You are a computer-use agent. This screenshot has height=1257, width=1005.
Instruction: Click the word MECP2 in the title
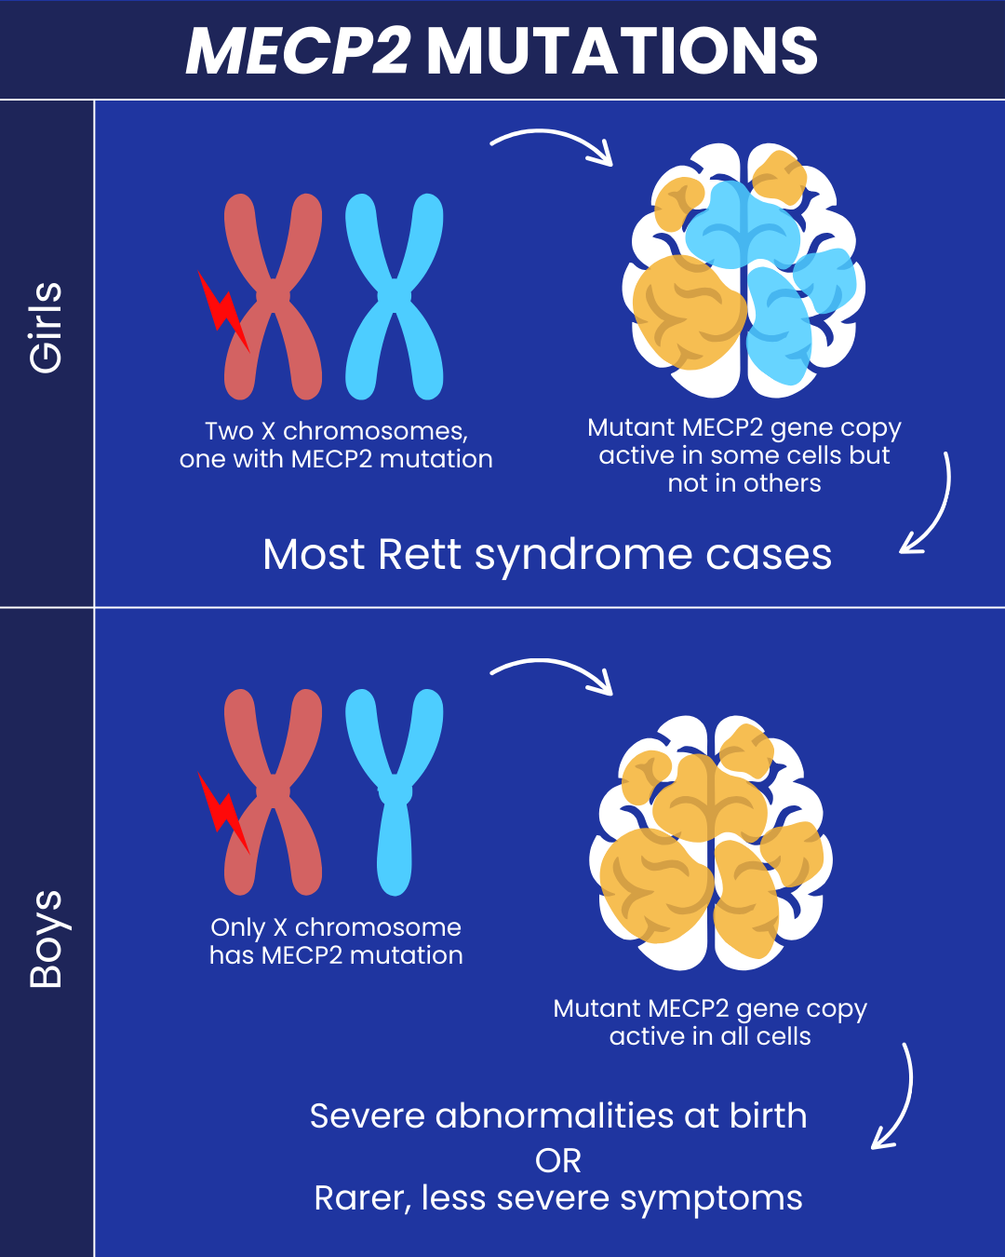[x=298, y=51]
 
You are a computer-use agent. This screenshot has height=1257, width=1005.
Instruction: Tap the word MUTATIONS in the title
[x=622, y=51]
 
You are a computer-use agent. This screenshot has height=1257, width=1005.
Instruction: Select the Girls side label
[x=47, y=328]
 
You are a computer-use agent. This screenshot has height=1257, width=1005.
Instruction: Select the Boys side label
[x=47, y=939]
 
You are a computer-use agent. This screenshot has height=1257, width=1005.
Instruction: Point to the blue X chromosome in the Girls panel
[x=395, y=297]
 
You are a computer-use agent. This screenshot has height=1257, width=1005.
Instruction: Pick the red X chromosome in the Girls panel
[x=274, y=297]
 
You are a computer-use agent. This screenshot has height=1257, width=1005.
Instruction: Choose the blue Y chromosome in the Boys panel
[x=395, y=791]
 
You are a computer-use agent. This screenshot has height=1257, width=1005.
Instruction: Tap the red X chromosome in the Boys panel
[x=274, y=791]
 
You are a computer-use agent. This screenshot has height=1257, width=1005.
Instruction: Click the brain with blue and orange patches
[x=743, y=270]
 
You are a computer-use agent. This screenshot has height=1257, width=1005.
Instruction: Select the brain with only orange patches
[x=711, y=843]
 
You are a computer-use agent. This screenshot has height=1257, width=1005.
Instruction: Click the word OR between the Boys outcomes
[x=558, y=1161]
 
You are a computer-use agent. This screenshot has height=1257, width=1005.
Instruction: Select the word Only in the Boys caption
[x=238, y=928]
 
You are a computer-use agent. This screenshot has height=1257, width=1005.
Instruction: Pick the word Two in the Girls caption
[x=229, y=431]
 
